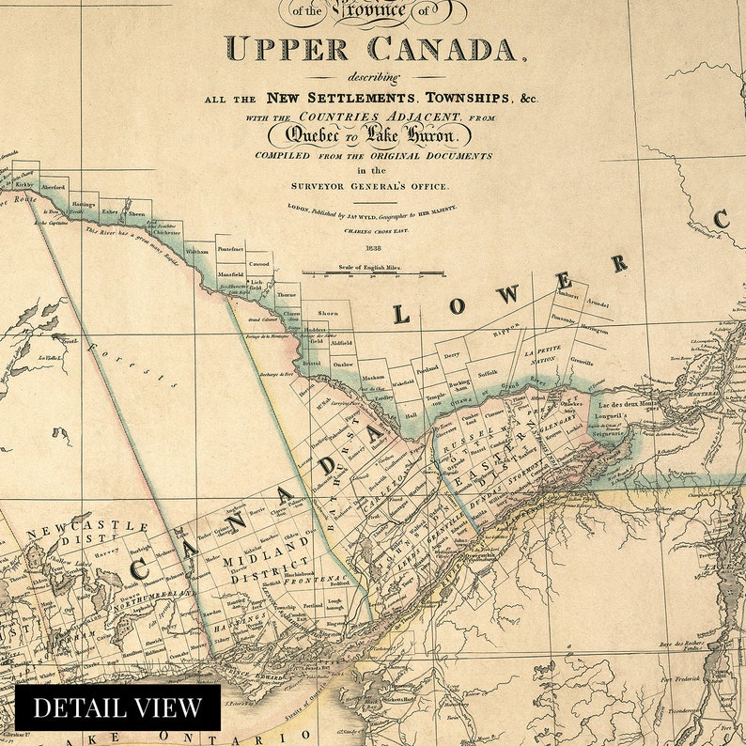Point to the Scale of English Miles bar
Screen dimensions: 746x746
(373, 273)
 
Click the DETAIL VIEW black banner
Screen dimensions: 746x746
(117, 707)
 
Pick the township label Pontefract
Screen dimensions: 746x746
(230, 249)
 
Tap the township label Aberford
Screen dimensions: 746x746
(54, 186)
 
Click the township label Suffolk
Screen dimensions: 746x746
(488, 373)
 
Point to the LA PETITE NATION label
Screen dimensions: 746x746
(544, 355)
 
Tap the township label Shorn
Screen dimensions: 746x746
(328, 313)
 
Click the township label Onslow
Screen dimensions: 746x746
(343, 364)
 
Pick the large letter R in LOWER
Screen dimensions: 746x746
(619, 264)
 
